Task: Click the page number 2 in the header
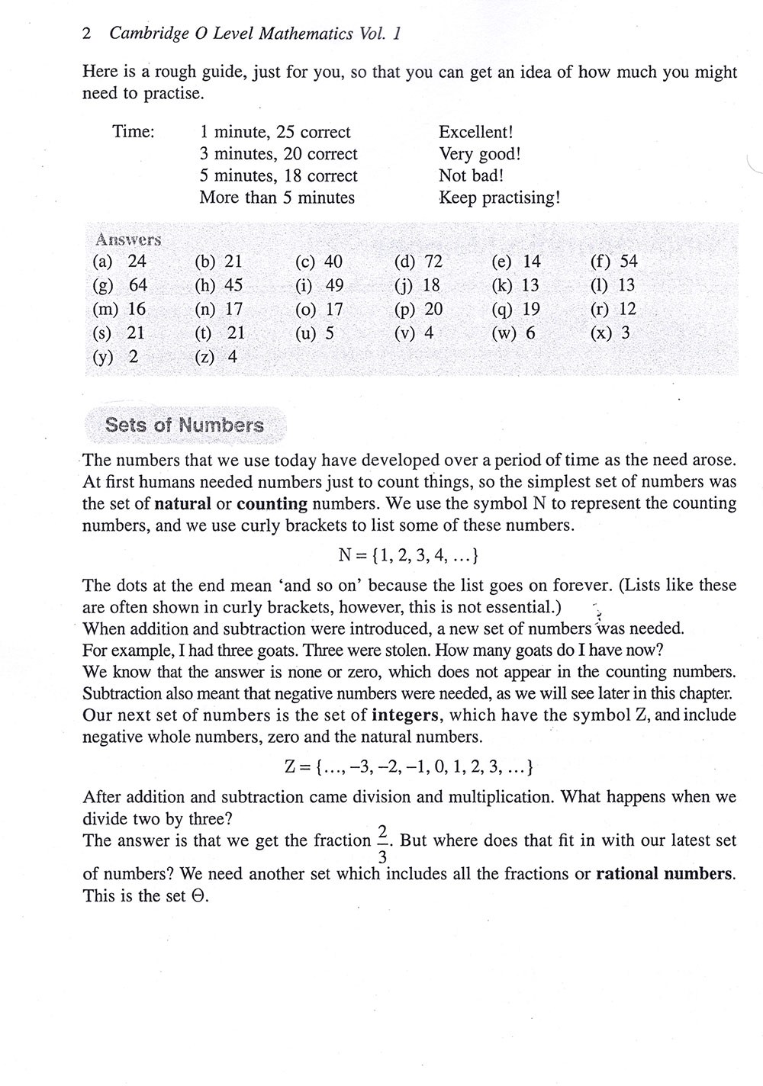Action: click(86, 34)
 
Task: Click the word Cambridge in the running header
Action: click(143, 34)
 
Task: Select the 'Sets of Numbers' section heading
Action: click(185, 425)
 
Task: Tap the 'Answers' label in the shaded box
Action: click(128, 239)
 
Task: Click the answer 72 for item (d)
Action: click(433, 262)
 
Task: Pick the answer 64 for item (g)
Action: click(138, 285)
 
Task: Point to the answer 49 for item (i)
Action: click(334, 285)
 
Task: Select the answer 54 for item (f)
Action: click(629, 262)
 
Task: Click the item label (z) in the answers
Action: click(204, 357)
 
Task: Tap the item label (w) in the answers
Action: click(505, 333)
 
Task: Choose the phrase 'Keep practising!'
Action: click(500, 198)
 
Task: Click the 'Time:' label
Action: click(134, 132)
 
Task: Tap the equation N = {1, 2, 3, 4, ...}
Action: click(408, 556)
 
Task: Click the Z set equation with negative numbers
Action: click(408, 766)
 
